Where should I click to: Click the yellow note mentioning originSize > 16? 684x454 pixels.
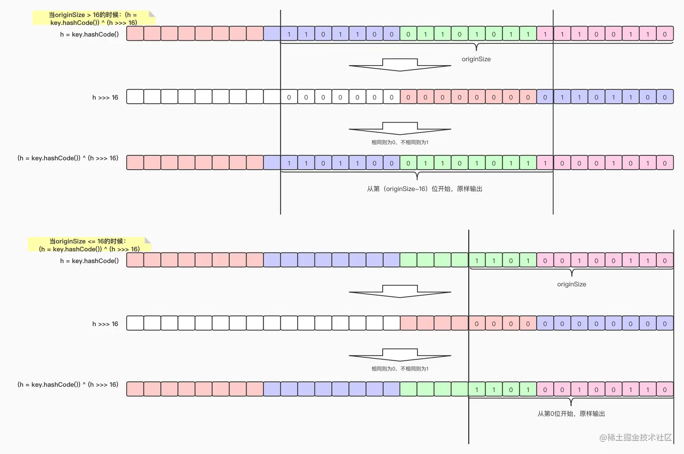(93, 19)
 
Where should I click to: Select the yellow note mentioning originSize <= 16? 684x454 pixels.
(89, 245)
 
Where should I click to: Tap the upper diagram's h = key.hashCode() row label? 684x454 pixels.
(89, 34)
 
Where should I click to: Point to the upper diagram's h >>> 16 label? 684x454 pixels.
(105, 97)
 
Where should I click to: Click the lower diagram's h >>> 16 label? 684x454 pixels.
(105, 324)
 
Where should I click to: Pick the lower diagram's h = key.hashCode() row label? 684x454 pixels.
(89, 261)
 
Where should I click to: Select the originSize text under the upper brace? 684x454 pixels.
(476, 59)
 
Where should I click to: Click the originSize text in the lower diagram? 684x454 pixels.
(571, 284)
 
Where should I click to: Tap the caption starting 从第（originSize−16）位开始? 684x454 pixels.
(424, 189)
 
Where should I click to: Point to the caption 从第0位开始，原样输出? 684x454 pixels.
(571, 414)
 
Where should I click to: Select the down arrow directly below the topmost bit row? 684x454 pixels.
(400, 65)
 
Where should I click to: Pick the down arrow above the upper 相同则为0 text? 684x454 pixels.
(400, 128)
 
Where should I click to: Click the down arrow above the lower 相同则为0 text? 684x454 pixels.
(400, 355)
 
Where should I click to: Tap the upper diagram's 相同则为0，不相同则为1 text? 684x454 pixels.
(400, 142)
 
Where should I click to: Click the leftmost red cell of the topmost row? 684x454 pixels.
(135, 34)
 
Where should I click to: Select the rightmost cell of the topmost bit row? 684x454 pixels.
(665, 34)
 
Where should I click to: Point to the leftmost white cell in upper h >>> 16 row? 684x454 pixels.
(135, 97)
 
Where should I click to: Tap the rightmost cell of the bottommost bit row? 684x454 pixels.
(665, 389)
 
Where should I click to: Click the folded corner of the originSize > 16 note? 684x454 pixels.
(152, 14)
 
